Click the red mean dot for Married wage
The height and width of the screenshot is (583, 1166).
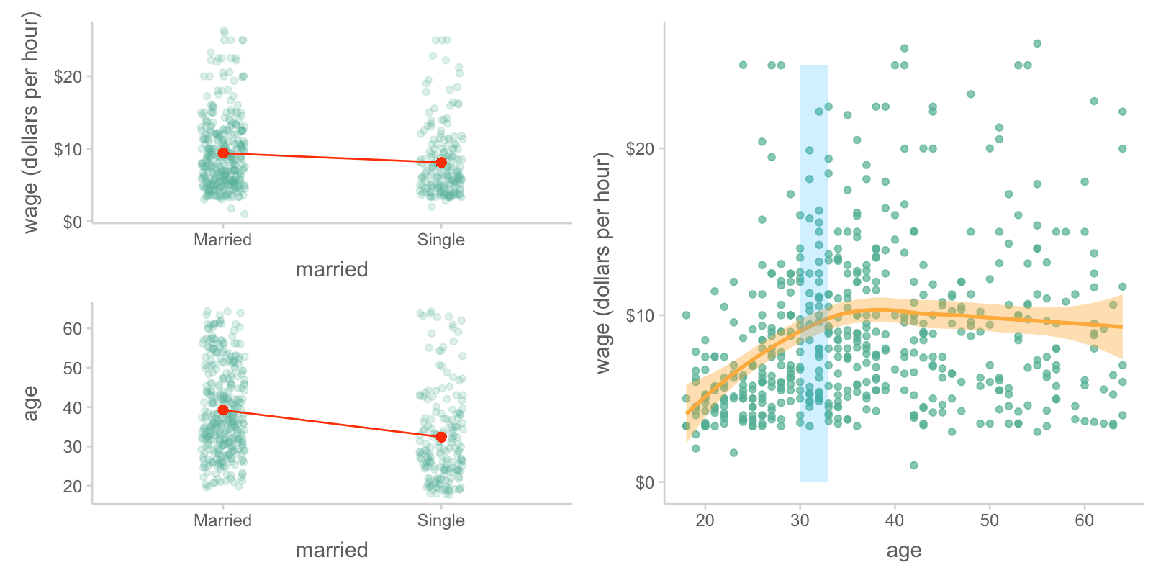tap(223, 153)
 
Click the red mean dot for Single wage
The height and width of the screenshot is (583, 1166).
tap(441, 163)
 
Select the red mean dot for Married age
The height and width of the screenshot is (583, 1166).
tap(223, 410)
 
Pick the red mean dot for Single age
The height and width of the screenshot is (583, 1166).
tap(441, 438)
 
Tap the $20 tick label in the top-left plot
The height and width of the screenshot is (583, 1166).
tap(68, 76)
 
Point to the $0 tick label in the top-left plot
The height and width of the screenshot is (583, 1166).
tap(72, 222)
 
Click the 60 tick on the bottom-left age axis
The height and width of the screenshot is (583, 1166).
tap(73, 329)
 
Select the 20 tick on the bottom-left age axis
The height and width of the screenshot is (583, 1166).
tap(73, 487)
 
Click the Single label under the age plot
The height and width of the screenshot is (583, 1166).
tap(440, 520)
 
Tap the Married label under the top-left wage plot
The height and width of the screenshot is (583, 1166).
tap(222, 240)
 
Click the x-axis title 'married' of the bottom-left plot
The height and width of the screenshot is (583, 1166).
tap(332, 550)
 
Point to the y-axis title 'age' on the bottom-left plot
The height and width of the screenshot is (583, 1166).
tap(30, 403)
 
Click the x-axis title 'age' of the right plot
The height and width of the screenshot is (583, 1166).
tap(904, 551)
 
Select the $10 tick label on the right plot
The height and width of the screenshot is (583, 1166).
tap(640, 316)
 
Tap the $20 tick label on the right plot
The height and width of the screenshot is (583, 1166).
tap(640, 149)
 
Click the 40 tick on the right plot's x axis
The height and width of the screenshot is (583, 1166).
tap(895, 520)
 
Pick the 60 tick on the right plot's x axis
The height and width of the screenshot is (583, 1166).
tap(1085, 520)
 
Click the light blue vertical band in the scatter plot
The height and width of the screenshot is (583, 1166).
tap(814, 180)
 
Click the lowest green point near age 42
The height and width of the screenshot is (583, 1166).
tap(914, 466)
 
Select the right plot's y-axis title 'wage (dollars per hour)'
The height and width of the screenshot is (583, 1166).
tap(603, 263)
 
